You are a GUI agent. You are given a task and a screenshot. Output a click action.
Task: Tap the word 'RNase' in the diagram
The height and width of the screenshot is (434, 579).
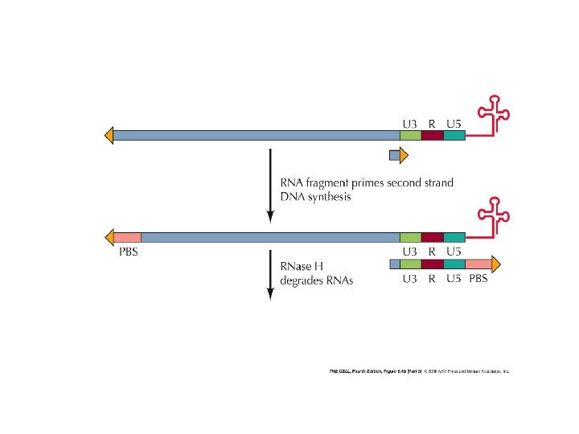(x=297, y=266)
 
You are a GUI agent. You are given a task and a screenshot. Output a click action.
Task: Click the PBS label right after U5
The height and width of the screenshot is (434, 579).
(x=478, y=279)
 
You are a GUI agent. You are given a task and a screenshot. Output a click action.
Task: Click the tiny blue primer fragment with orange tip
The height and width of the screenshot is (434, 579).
(x=394, y=155)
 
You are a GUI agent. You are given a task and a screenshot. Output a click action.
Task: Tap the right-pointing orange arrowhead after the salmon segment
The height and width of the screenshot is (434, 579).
(x=495, y=264)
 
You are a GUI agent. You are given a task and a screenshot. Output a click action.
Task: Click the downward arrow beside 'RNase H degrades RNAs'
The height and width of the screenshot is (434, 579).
(x=270, y=273)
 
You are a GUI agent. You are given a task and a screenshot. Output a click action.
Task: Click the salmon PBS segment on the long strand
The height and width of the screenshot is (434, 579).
(x=127, y=237)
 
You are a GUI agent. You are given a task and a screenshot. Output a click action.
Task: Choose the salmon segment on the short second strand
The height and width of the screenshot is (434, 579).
(x=478, y=264)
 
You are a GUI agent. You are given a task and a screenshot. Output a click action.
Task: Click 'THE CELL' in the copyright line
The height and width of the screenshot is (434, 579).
(x=341, y=371)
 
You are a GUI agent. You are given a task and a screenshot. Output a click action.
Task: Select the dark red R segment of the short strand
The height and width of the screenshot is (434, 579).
(x=432, y=264)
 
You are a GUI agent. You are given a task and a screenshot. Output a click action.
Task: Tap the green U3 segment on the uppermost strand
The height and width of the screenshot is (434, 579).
(x=410, y=137)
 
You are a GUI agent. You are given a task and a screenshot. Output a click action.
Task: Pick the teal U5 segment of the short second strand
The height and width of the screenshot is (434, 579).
(x=454, y=264)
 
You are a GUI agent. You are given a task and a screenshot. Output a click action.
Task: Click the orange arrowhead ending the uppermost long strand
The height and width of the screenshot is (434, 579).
(x=109, y=137)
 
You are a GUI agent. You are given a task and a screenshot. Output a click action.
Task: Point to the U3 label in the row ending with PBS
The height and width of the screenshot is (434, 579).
(x=409, y=279)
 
